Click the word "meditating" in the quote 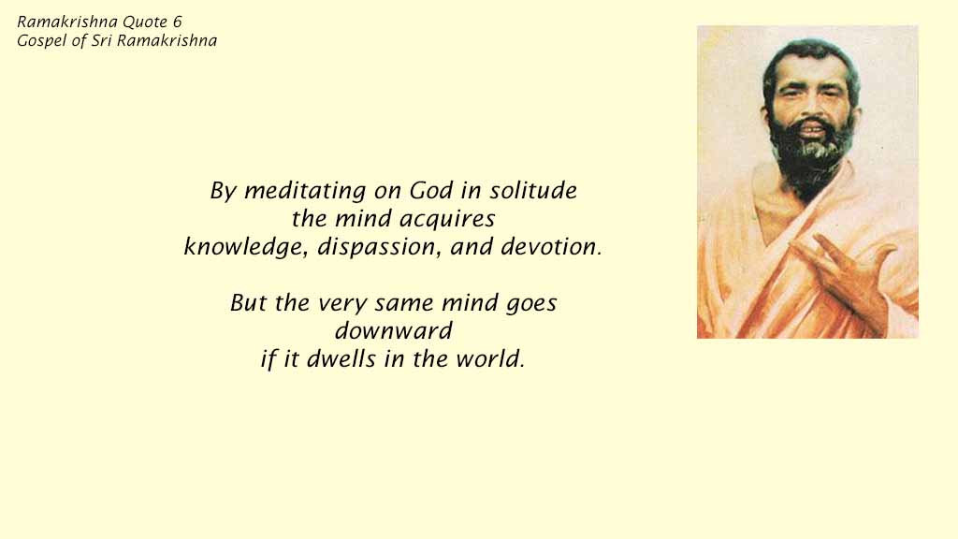pos(305,191)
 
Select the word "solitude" pos(532,190)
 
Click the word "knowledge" pos(244,247)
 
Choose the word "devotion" pos(548,247)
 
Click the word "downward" pos(394,331)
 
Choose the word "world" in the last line pos(487,358)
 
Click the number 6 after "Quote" pos(177,22)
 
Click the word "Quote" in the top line pos(145,22)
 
